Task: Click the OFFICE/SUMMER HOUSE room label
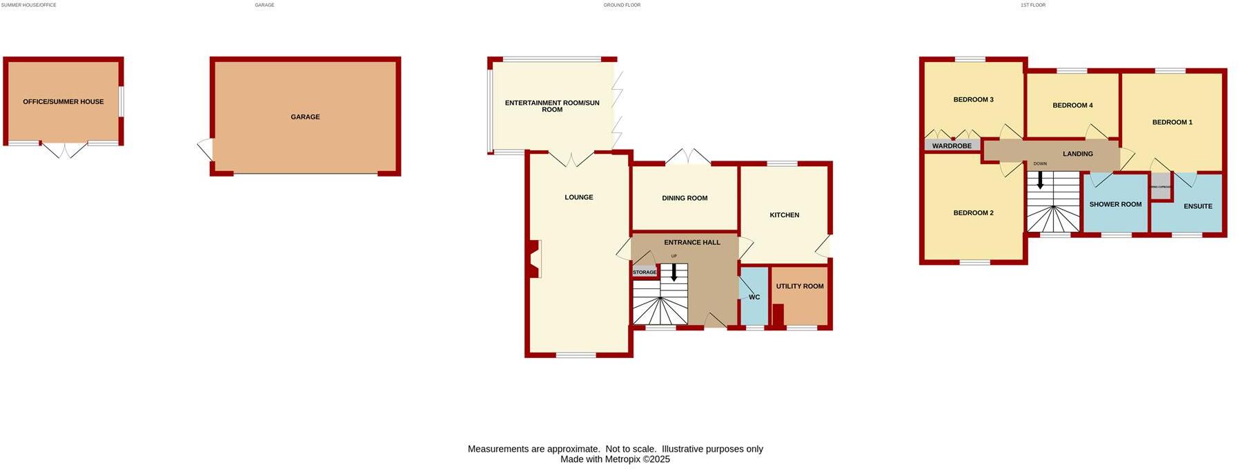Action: pos(63,101)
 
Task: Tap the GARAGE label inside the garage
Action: pos(305,117)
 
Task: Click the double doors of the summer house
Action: pos(63,150)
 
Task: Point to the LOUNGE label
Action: pos(578,197)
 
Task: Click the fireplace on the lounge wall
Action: pos(533,259)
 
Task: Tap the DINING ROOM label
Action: pos(685,198)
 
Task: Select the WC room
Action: pos(754,297)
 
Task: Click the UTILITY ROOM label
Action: pos(799,286)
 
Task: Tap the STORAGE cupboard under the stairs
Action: pos(645,272)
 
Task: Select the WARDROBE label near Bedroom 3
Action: pos(952,146)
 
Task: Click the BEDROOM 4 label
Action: pos(1072,106)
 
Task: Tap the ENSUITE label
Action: pos(1197,206)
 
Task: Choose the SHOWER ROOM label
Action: pos(1115,204)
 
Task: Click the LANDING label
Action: pos(1077,154)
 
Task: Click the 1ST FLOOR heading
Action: pos(1032,5)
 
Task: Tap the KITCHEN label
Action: pos(784,215)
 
